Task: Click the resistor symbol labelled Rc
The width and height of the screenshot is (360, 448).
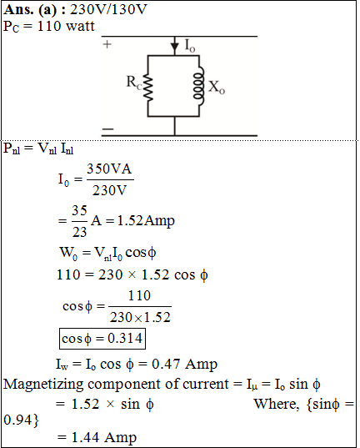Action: click(x=147, y=88)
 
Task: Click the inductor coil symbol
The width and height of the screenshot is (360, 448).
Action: click(x=199, y=86)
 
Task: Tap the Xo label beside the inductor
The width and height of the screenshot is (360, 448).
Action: click(x=217, y=87)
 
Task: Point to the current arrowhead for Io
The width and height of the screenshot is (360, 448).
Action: click(x=174, y=48)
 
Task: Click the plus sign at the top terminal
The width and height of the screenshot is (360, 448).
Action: click(x=107, y=44)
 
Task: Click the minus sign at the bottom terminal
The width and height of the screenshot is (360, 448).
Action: click(x=107, y=128)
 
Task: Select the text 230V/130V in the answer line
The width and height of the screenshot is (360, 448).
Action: click(x=108, y=9)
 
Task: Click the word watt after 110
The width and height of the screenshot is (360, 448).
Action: click(x=80, y=26)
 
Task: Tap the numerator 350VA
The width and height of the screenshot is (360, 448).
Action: click(x=109, y=169)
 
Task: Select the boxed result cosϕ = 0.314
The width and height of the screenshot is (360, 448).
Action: click(x=102, y=339)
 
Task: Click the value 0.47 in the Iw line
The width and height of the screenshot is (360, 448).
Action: click(x=166, y=364)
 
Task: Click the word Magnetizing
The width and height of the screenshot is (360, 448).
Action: click(x=43, y=384)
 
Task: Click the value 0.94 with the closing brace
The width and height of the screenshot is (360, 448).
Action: click(x=21, y=420)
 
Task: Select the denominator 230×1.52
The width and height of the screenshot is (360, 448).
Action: click(x=140, y=317)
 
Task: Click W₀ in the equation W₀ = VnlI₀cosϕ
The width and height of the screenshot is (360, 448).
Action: click(x=68, y=253)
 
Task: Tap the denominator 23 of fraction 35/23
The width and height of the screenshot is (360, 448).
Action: click(x=79, y=232)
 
